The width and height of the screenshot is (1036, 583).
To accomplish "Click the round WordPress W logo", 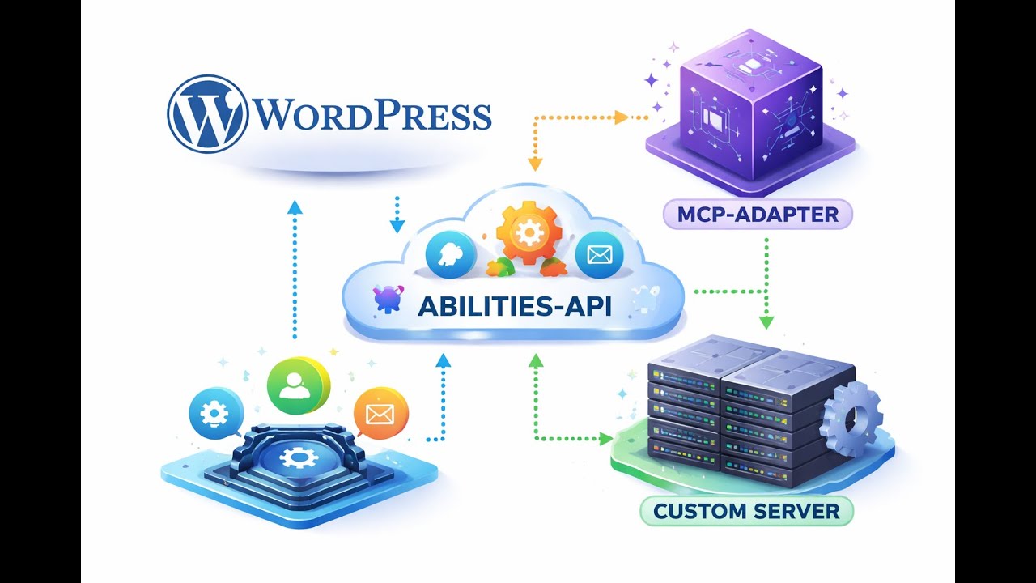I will click(x=207, y=113).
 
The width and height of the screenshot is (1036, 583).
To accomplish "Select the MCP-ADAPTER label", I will click(x=757, y=215).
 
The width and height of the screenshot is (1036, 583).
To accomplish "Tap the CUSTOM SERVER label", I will click(x=746, y=511).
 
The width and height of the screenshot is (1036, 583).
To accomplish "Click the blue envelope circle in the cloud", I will click(x=599, y=255).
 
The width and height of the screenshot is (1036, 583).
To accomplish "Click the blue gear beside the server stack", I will click(x=850, y=419).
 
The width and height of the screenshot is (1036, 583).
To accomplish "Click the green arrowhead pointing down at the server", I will click(x=766, y=321).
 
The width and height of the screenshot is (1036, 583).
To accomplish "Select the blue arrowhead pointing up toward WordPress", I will click(x=295, y=207).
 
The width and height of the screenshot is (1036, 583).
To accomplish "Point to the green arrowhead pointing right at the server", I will click(x=605, y=439).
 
